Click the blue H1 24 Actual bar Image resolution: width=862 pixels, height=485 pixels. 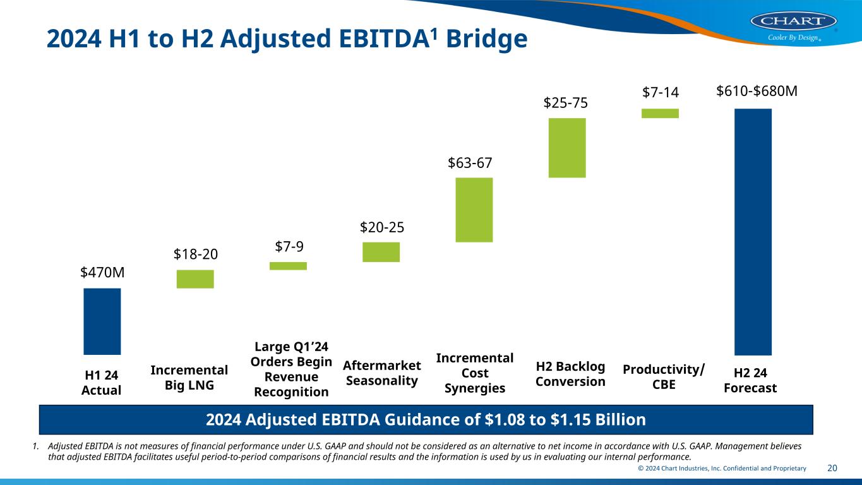pyautogui.click(x=102, y=321)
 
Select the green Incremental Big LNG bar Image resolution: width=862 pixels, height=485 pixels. pyautogui.click(x=195, y=279)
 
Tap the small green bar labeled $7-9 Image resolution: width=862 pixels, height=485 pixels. pyautogui.click(x=288, y=266)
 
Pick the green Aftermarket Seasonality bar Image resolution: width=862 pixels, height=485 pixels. pyautogui.click(x=381, y=252)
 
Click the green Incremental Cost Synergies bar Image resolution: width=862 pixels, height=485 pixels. pyautogui.click(x=474, y=210)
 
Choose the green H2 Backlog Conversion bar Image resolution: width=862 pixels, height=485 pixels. pyautogui.click(x=567, y=148)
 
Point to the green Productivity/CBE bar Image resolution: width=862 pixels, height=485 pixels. pyautogui.click(x=660, y=113)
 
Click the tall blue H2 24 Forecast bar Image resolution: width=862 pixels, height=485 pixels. pyautogui.click(x=753, y=232)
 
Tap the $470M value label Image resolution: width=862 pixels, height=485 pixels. pyautogui.click(x=102, y=272)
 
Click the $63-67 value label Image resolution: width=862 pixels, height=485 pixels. pyautogui.click(x=470, y=163)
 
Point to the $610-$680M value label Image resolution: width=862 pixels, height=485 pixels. pyautogui.click(x=757, y=92)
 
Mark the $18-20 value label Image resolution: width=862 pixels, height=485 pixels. pyautogui.click(x=196, y=254)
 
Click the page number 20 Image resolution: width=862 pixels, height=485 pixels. pyautogui.click(x=832, y=468)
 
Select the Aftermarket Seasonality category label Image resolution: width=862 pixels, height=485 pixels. pyautogui.click(x=381, y=373)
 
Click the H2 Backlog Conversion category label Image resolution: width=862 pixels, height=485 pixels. pyautogui.click(x=570, y=374)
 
